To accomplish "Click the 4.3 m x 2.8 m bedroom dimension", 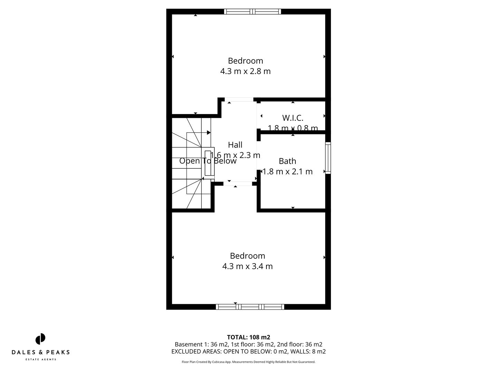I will [245, 71].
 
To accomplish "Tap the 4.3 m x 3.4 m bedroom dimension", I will [247, 266].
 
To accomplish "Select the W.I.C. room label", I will [293, 118].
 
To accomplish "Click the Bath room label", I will [288, 161].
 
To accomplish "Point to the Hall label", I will [235, 145].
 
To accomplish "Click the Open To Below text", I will [208, 161].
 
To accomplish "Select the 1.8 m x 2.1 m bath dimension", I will [288, 172].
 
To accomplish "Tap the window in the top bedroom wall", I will [252, 11].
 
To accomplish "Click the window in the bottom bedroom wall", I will [250, 307].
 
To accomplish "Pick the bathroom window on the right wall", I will [328, 158].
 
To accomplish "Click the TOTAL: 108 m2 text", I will [248, 337].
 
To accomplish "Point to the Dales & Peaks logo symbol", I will [40, 339].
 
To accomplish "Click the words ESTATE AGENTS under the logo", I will [41, 360].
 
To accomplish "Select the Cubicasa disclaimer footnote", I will [248, 362].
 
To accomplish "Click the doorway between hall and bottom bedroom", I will [237, 184].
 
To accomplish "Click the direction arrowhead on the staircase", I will [209, 133].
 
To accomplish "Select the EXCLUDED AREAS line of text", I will [248, 352].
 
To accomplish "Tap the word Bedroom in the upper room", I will [245, 61].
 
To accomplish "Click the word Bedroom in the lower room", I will [247, 256].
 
